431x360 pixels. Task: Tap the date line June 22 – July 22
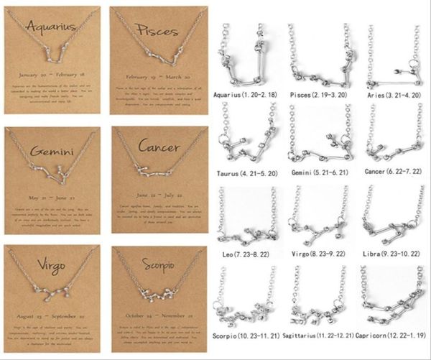coord(160,194)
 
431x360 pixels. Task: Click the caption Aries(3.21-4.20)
coord(391,93)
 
